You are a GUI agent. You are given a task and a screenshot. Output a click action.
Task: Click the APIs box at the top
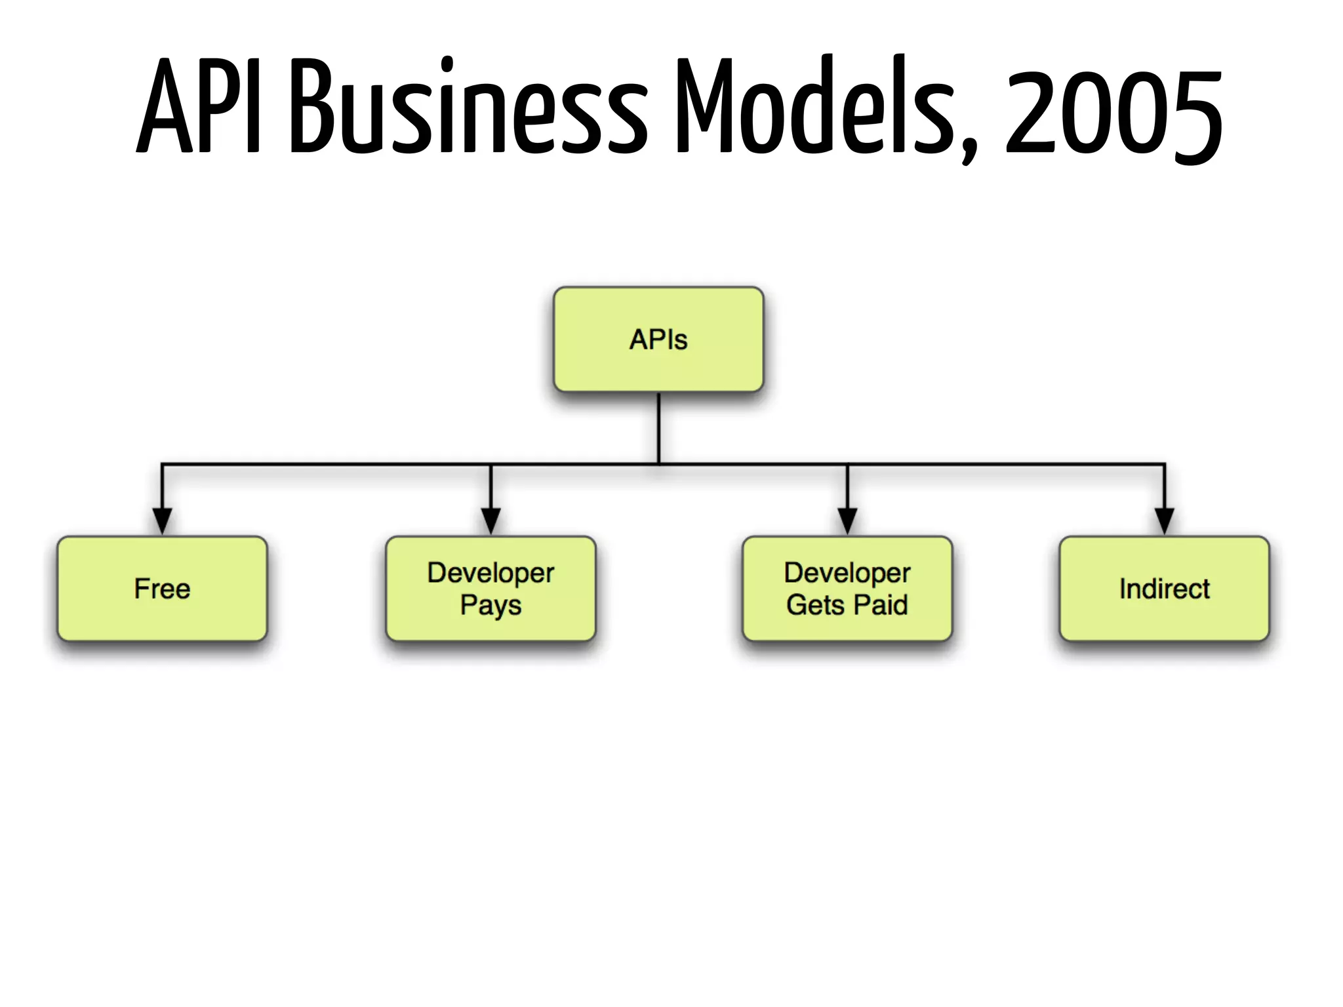point(658,340)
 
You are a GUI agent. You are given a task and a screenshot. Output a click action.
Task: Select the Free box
point(162,589)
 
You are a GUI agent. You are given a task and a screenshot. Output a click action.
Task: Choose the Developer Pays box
point(491,589)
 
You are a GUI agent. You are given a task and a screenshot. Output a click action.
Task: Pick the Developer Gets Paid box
point(847,589)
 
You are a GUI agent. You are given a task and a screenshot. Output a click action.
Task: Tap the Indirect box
point(1164,589)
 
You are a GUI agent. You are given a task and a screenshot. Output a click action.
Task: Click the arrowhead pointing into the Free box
point(162,521)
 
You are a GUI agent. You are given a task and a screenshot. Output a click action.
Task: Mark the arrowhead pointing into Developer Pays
point(491,521)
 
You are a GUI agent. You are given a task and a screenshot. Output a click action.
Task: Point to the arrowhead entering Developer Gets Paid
point(847,521)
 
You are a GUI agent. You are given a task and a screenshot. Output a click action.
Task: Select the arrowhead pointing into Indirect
point(1164,521)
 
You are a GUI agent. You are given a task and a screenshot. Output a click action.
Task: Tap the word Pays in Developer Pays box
point(491,605)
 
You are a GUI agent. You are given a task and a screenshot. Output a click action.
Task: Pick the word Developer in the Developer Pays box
point(491,573)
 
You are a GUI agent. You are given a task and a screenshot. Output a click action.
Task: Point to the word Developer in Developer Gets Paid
point(847,573)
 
